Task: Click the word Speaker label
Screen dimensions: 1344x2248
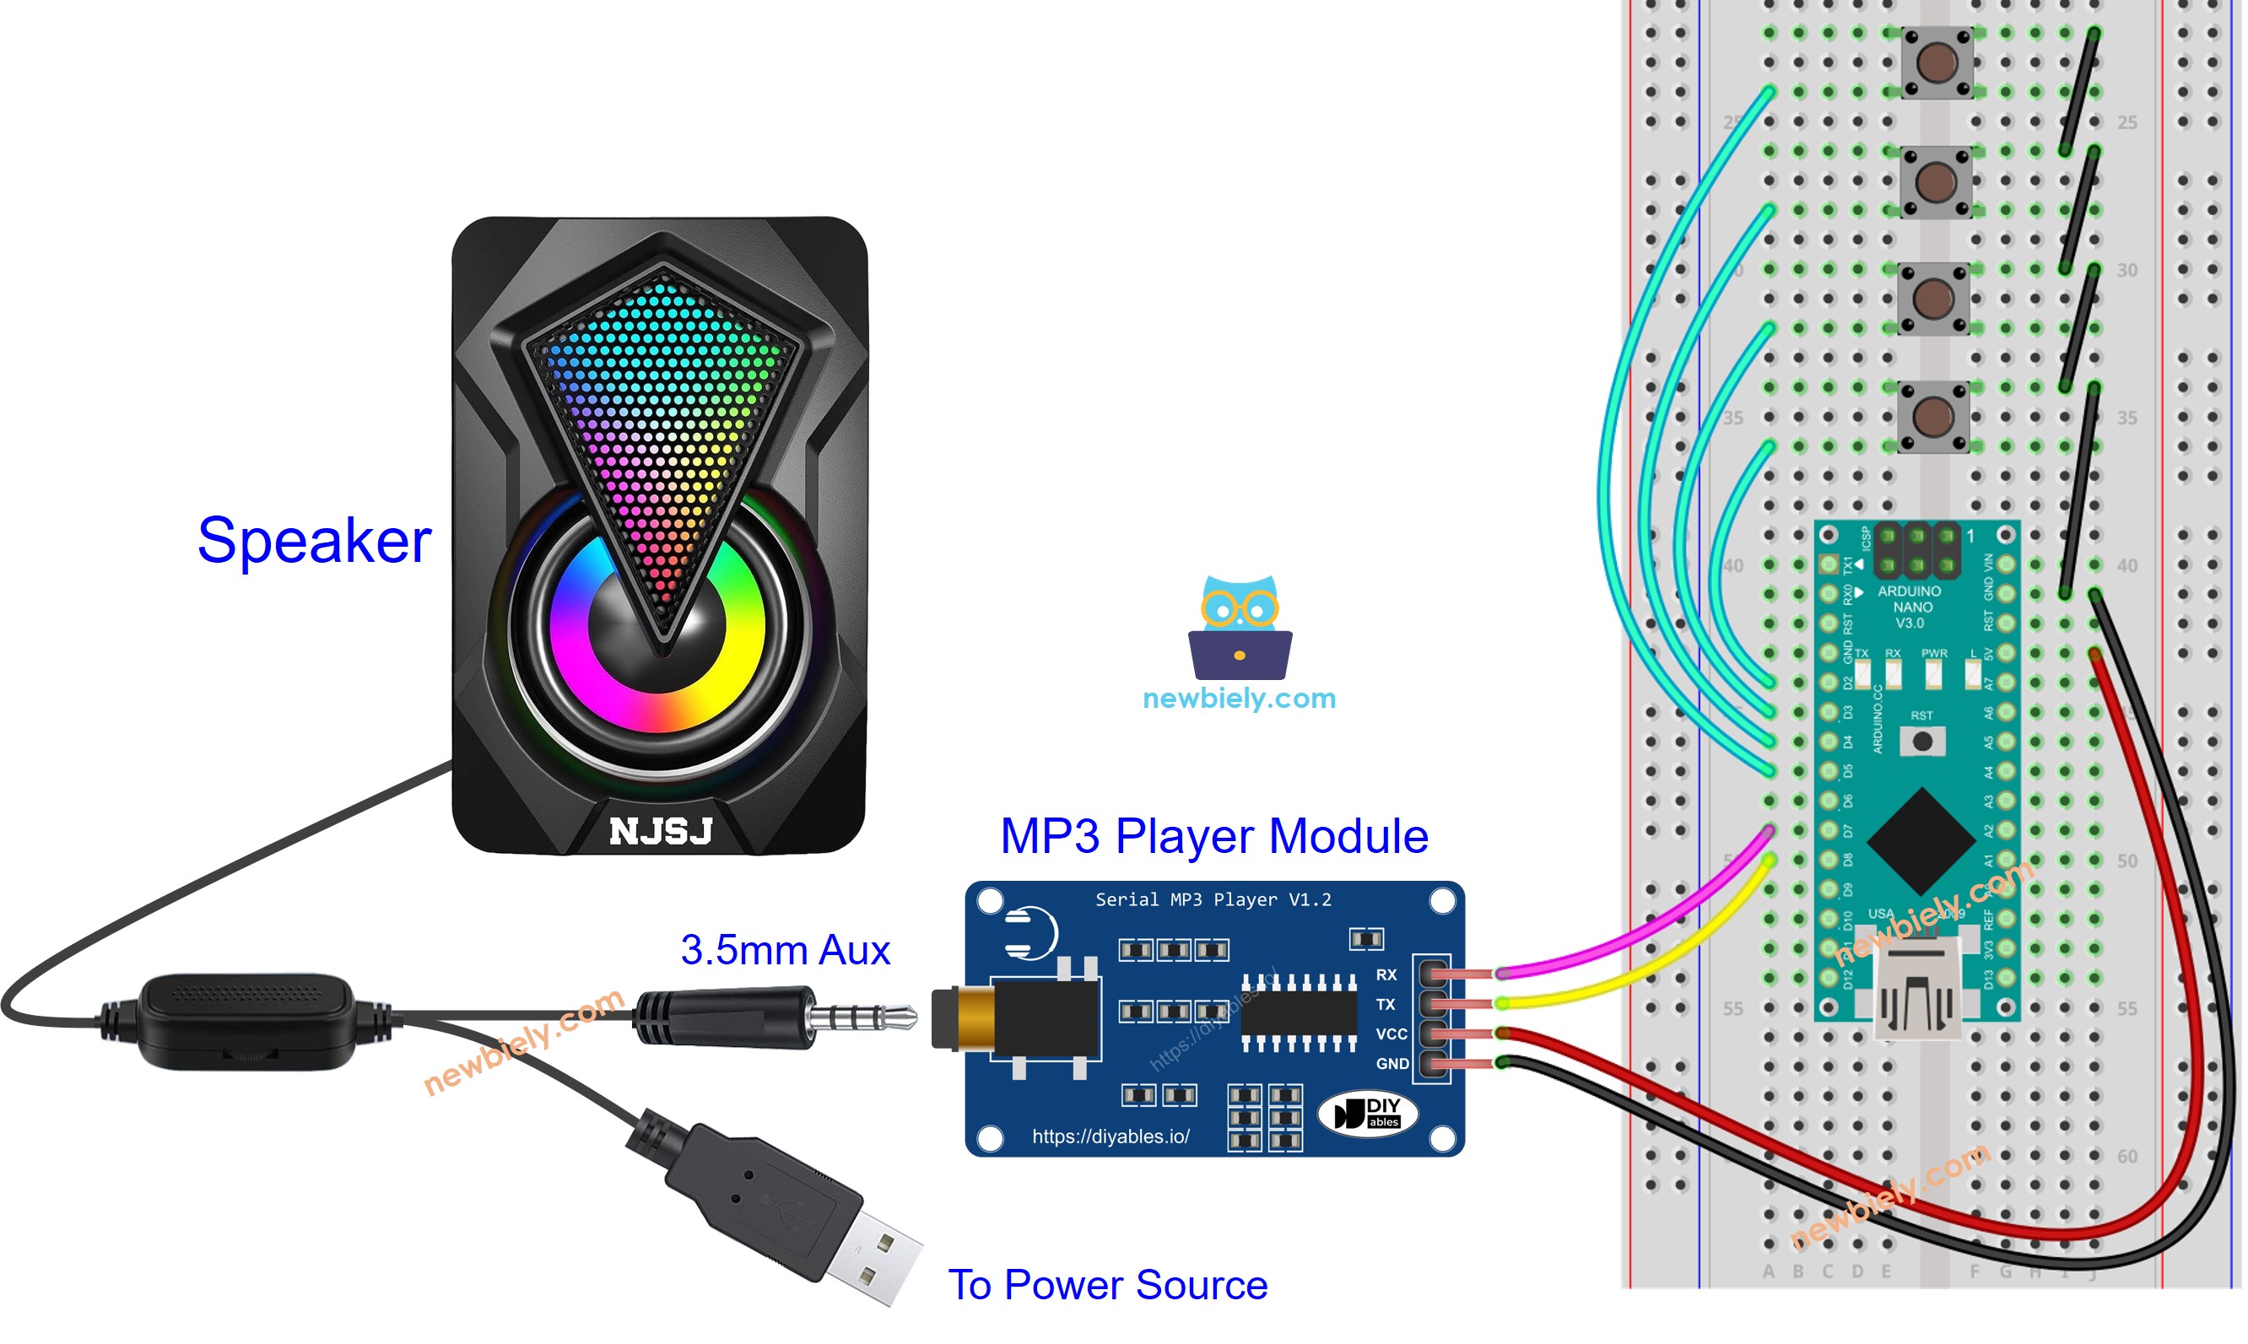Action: coord(313,541)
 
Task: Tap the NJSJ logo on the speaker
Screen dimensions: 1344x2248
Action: coord(662,831)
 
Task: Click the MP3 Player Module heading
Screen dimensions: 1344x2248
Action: coord(1213,835)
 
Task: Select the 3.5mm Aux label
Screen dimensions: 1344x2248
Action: coord(786,950)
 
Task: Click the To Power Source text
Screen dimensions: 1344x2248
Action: coord(1107,1285)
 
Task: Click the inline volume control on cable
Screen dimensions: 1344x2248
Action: coord(246,1021)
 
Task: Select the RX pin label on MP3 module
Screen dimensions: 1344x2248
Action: coord(1386,975)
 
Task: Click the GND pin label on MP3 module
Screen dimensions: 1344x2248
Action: coord(1391,1064)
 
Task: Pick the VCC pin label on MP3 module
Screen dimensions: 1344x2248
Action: coord(1391,1034)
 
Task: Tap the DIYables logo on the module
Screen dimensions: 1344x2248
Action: coord(1368,1114)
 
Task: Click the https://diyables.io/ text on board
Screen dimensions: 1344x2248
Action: coord(1110,1136)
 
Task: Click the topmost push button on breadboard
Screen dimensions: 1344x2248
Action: coord(1937,62)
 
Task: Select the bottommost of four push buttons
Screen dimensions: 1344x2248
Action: coord(1932,418)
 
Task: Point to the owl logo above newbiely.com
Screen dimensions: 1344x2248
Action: coord(1239,627)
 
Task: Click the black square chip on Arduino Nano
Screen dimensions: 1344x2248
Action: coord(1921,841)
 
